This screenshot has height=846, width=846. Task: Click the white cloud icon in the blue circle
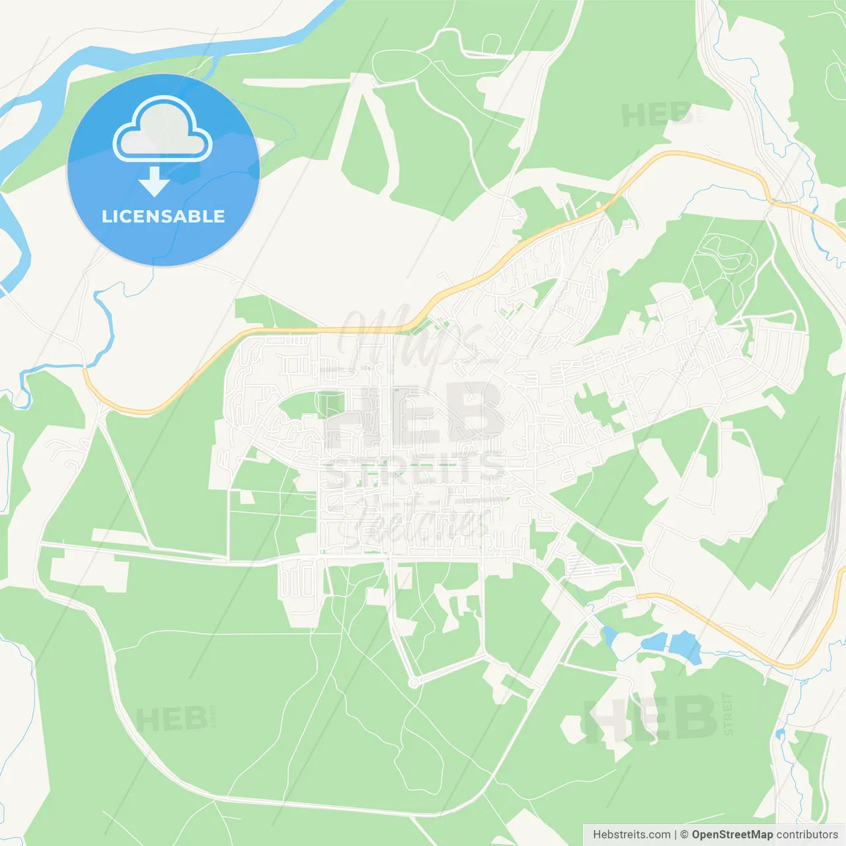click(x=163, y=130)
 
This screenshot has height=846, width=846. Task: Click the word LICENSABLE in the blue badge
click(x=163, y=216)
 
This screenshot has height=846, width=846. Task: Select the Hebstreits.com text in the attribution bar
click(x=631, y=835)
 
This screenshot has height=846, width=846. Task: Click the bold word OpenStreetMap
click(x=732, y=835)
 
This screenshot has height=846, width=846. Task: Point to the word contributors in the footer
click(x=807, y=835)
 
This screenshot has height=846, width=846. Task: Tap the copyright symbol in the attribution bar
click(x=685, y=835)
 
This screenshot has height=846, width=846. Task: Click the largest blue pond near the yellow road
click(x=685, y=645)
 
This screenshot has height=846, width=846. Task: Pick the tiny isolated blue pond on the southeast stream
click(x=780, y=734)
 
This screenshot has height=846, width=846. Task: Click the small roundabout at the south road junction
click(x=414, y=681)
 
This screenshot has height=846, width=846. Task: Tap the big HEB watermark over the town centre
click(x=415, y=414)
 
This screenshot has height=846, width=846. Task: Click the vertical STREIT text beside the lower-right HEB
click(x=728, y=714)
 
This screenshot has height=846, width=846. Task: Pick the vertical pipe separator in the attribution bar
click(x=675, y=835)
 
